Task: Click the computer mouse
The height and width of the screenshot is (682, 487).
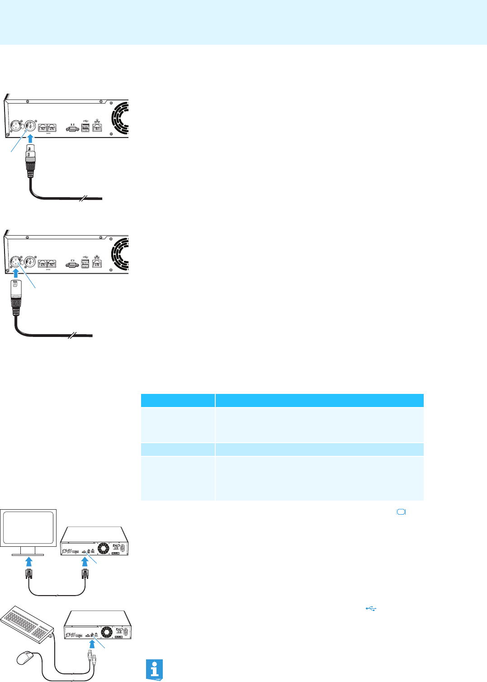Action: pyautogui.click(x=27, y=658)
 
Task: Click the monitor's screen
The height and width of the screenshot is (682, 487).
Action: pyautogui.click(x=28, y=527)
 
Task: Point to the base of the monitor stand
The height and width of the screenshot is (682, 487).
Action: pyautogui.click(x=28, y=554)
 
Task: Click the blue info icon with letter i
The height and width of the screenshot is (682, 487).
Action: pyautogui.click(x=155, y=669)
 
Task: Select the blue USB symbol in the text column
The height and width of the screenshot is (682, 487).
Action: pyautogui.click(x=371, y=609)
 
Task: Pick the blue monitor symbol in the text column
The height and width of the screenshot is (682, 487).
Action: pyautogui.click(x=402, y=512)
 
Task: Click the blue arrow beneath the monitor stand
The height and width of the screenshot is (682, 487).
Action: pyautogui.click(x=28, y=562)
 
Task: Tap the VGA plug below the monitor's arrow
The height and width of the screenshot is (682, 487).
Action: pyautogui.click(x=28, y=574)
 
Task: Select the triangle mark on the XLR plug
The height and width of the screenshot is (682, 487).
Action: pyautogui.click(x=15, y=285)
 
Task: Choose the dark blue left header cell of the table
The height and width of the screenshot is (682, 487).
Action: pyautogui.click(x=178, y=400)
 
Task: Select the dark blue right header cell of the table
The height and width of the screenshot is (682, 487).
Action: pyautogui.click(x=319, y=400)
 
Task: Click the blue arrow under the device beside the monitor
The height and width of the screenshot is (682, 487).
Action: pyautogui.click(x=85, y=562)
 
